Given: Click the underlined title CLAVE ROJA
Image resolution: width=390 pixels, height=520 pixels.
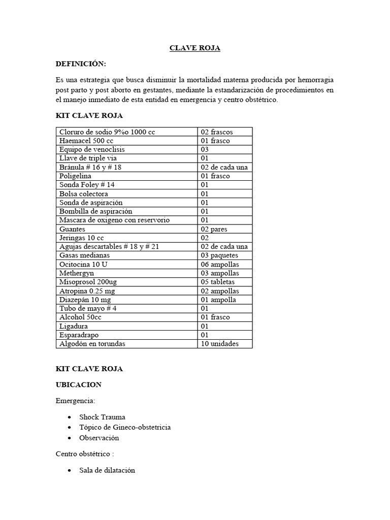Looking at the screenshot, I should pyautogui.click(x=194, y=48).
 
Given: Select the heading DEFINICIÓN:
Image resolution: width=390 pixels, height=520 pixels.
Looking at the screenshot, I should pyautogui.click(x=81, y=64).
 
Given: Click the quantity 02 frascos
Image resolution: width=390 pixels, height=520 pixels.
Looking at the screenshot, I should pyautogui.click(x=217, y=132).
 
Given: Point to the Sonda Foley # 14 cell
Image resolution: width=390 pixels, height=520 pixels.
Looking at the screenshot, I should pyautogui.click(x=87, y=185).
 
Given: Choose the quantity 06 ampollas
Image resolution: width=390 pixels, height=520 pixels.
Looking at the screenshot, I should pyautogui.click(x=219, y=265).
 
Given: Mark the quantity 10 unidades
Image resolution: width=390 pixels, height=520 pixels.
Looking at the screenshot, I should pyautogui.click(x=219, y=344).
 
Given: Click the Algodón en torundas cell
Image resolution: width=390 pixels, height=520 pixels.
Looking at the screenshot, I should pyautogui.click(x=92, y=344).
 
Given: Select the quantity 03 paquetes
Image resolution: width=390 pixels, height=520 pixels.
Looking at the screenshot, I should pyautogui.click(x=219, y=255).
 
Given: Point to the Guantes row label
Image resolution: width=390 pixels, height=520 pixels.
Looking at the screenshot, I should pyautogui.click(x=72, y=229).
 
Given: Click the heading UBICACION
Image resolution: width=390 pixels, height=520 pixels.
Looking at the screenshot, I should pyautogui.click(x=79, y=385).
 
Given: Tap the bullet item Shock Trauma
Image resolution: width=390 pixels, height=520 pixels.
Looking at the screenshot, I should pyautogui.click(x=102, y=417).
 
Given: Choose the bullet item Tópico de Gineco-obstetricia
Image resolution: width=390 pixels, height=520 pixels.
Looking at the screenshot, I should pyautogui.click(x=125, y=427).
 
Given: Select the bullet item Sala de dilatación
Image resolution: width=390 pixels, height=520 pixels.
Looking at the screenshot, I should pyautogui.click(x=107, y=470).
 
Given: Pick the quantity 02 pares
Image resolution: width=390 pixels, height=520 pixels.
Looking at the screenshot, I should pyautogui.click(x=214, y=229).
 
